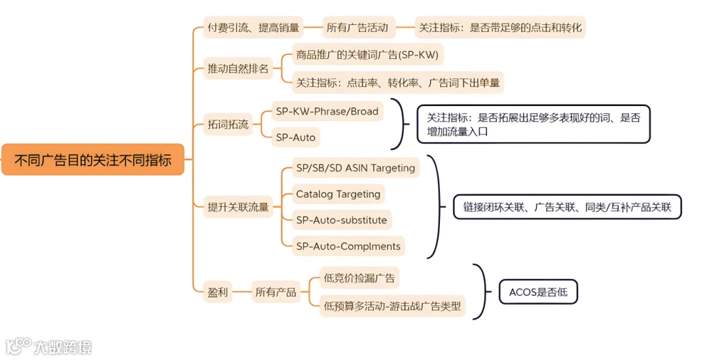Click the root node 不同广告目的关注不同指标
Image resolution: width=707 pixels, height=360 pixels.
point(93,160)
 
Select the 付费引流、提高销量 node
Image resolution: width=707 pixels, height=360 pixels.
point(253,28)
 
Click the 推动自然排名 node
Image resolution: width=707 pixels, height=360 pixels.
point(238,69)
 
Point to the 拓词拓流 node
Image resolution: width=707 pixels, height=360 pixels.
point(228,124)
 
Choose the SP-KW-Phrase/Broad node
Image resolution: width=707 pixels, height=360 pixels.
point(327,111)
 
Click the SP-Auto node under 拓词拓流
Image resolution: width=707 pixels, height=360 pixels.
point(295,137)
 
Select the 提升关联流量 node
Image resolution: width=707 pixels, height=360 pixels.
point(238,207)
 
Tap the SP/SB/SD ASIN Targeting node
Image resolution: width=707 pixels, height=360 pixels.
point(355,168)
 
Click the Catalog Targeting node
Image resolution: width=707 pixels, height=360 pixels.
point(338,194)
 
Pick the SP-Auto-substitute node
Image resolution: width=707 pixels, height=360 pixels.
point(341,220)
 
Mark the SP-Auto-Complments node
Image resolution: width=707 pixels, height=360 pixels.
point(348,246)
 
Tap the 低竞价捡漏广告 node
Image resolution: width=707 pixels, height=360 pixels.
point(359,278)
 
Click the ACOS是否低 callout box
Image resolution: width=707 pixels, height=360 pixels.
point(538,293)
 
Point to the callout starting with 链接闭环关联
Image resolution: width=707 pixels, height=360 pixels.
point(567,207)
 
